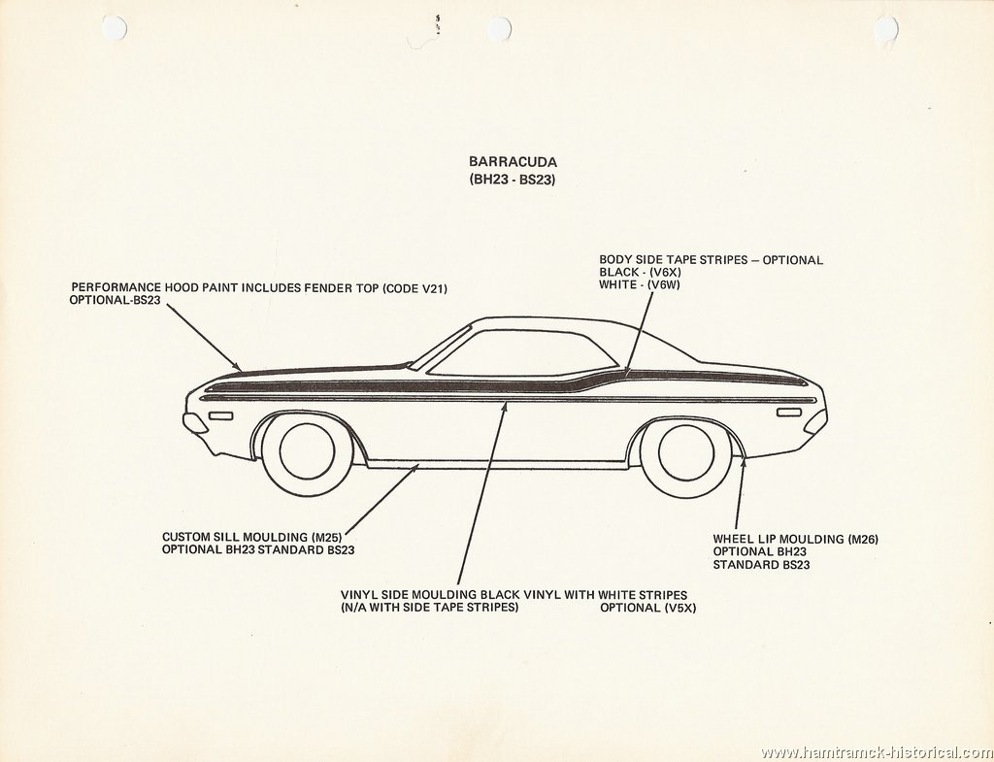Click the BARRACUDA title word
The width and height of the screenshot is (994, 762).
point(513,162)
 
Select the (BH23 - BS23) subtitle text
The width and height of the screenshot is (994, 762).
point(513,180)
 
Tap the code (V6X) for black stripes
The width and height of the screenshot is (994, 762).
point(663,274)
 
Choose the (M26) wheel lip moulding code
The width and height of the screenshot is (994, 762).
point(862,540)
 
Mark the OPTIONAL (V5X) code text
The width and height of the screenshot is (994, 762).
point(647,609)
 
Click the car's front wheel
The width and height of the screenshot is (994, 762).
point(307,451)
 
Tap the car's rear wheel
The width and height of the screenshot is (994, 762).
point(685,452)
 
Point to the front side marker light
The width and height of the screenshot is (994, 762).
point(220,415)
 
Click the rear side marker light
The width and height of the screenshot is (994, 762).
point(789,413)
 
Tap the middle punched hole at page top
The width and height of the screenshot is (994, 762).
point(500,29)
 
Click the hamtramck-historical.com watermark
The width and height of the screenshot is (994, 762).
point(876,752)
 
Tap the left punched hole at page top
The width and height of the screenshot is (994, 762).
point(115,27)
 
